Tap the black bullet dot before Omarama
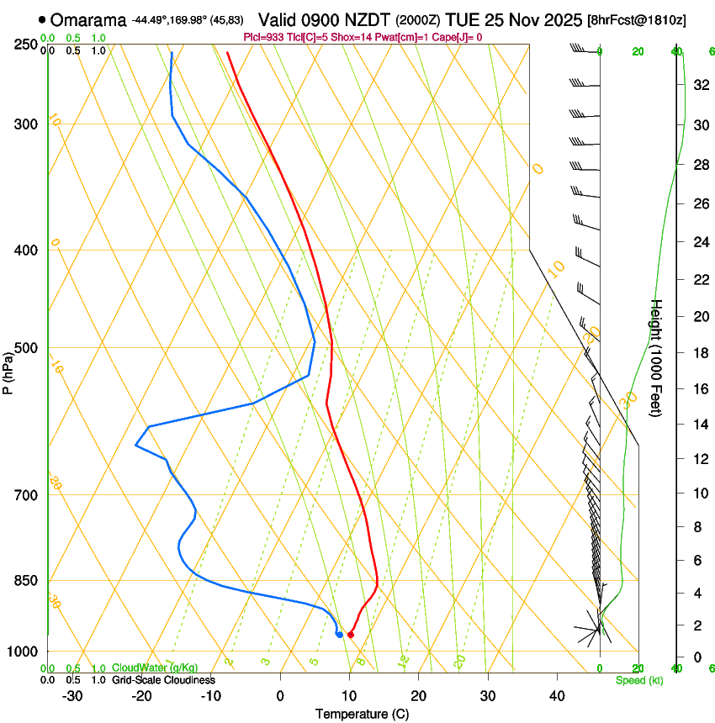pyautogui.click(x=42, y=19)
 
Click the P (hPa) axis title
pyautogui.click(x=8, y=370)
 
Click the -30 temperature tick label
pyautogui.click(x=72, y=695)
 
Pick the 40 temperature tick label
pyautogui.click(x=557, y=695)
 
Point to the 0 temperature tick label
pyautogui.click(x=280, y=695)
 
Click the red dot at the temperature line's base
pyautogui.click(x=350, y=634)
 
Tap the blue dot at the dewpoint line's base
pyautogui.click(x=339, y=634)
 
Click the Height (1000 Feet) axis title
pyautogui.click(x=657, y=357)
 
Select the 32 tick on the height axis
pyautogui.click(x=699, y=85)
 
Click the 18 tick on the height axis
pyautogui.click(x=699, y=352)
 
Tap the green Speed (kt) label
pyautogui.click(x=638, y=680)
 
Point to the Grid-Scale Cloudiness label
pyautogui.click(x=163, y=679)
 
